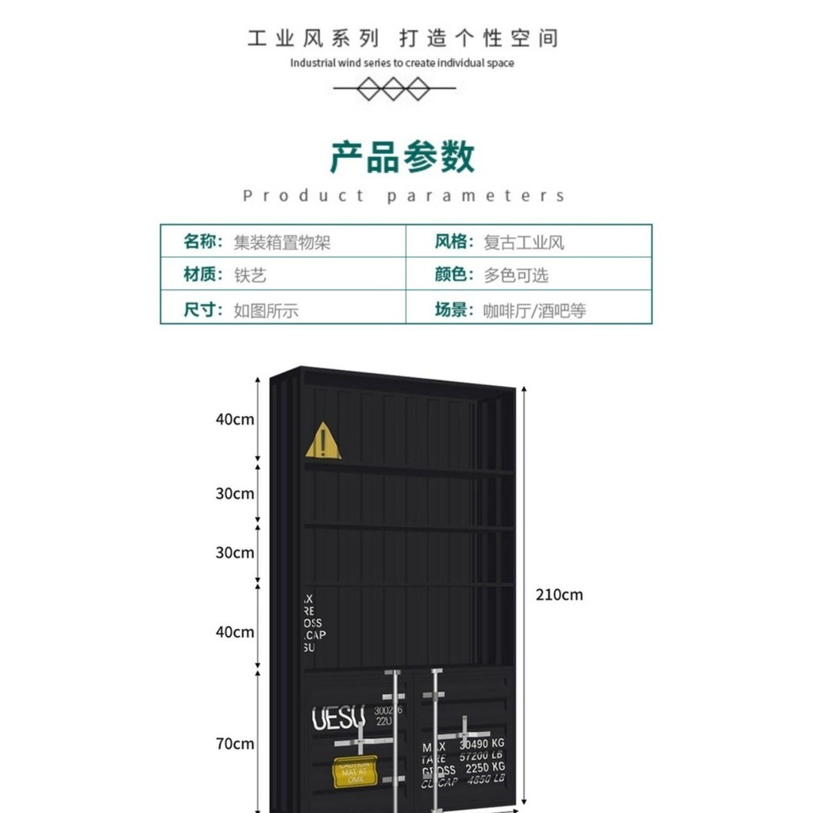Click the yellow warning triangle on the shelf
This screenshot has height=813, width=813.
[x=323, y=441]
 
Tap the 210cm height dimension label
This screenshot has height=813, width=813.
[x=559, y=594]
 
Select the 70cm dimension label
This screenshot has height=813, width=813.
[x=235, y=743]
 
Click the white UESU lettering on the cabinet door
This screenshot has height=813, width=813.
[x=338, y=719]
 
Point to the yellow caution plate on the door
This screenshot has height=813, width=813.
[x=354, y=771]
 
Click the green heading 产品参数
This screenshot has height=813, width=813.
[x=403, y=156]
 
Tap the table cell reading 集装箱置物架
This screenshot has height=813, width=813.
[x=282, y=242]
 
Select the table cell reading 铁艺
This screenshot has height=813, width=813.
[x=250, y=275]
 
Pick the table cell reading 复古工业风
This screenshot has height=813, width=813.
[x=524, y=242]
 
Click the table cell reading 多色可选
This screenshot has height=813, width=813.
[x=516, y=275]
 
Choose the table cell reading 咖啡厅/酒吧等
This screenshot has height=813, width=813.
[x=534, y=310]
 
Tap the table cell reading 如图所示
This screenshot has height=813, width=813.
[x=266, y=310]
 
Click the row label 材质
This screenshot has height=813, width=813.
[x=203, y=275]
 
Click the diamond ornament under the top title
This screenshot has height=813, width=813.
[x=394, y=89]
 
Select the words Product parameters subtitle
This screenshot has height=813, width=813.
[x=404, y=196]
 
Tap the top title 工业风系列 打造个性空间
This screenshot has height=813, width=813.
[x=403, y=38]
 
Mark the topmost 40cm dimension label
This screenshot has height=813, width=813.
[x=235, y=418]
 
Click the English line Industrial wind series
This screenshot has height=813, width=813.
[x=402, y=63]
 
